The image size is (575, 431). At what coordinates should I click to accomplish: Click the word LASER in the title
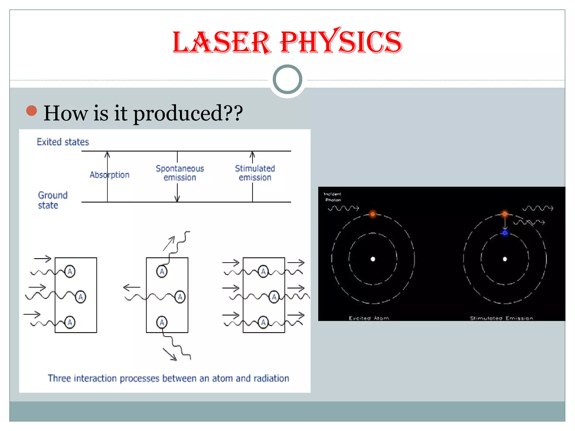(222, 43)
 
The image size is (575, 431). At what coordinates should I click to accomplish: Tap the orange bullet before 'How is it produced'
(31, 111)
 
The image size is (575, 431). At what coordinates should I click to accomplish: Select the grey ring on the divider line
(287, 79)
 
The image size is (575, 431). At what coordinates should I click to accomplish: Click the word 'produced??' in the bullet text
(188, 113)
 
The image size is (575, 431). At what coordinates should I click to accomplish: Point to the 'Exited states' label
(63, 142)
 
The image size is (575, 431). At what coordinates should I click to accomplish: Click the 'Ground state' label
(53, 200)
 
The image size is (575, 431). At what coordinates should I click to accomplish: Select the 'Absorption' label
(109, 175)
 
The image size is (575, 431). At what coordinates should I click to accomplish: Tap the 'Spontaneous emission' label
(180, 173)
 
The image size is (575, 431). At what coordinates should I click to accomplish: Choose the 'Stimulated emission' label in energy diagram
(255, 173)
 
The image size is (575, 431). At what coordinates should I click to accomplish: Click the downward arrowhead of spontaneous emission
(177, 199)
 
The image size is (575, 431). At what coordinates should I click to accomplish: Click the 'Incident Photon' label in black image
(332, 197)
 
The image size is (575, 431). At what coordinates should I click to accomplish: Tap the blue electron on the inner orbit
(505, 233)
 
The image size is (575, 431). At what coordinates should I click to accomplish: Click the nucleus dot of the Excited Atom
(373, 259)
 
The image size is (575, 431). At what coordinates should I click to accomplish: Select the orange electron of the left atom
(373, 214)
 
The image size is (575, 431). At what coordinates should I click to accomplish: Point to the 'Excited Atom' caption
(369, 318)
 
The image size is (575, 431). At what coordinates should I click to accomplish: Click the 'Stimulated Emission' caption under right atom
(501, 318)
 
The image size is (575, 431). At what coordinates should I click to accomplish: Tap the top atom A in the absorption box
(70, 271)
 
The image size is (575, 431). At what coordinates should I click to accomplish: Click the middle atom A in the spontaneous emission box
(180, 297)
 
